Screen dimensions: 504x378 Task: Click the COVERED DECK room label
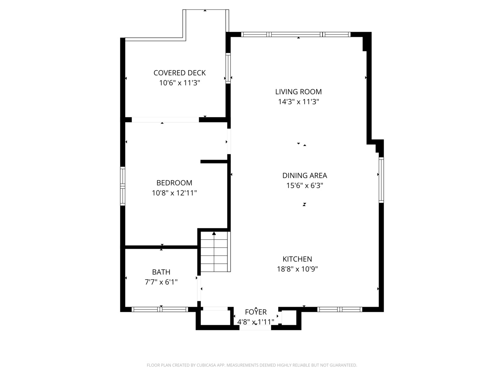pos(180,73)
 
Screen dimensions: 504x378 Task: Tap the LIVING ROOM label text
pos(298,92)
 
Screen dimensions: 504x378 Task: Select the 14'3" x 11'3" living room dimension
pos(299,101)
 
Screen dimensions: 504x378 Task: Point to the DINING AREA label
pos(304,175)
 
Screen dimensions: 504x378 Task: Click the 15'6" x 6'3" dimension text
pos(304,185)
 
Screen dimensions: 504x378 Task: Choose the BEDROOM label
pos(174,183)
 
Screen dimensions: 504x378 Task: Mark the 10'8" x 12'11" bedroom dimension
pos(174,193)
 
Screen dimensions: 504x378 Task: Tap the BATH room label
pos(161,272)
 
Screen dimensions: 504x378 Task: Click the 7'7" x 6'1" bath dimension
pos(161,282)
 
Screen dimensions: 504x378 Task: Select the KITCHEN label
pos(297,259)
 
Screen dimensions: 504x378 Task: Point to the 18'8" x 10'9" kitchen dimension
pos(297,269)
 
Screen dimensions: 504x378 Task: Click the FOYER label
pos(256,312)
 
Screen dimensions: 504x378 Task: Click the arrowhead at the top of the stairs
pos(214,233)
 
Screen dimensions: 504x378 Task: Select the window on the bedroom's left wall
pos(122,186)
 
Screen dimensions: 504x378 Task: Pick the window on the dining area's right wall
pos(381,180)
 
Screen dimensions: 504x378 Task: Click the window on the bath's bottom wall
pos(160,309)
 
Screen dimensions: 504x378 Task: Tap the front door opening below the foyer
pos(255,328)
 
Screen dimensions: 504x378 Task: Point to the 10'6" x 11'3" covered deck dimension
pos(180,83)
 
